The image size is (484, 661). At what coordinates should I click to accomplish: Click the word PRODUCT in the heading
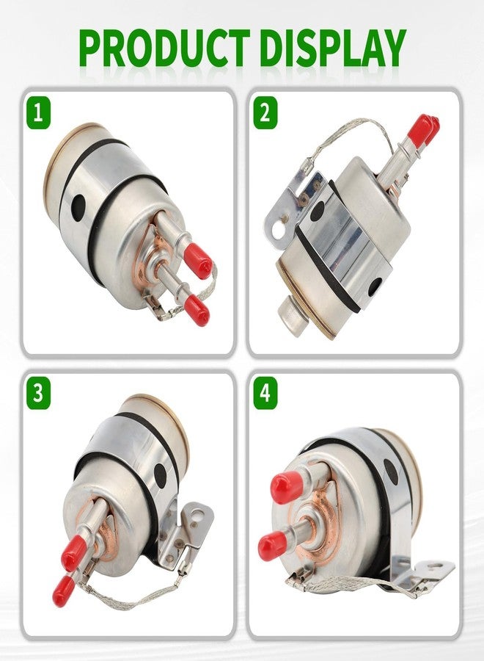coord(164,48)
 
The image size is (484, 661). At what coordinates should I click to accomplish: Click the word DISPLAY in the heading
coord(333,48)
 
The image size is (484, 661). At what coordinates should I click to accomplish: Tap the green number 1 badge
coord(38,113)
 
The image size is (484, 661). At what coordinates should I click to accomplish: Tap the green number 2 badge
coord(265,113)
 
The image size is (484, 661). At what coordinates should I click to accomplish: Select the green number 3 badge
coord(38,394)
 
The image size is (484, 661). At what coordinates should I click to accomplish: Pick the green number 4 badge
coord(265,394)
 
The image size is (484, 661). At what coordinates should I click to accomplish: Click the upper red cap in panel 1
coord(198,261)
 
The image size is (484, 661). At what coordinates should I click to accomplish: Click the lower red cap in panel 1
coord(197,310)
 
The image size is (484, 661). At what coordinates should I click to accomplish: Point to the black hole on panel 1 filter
coord(78,207)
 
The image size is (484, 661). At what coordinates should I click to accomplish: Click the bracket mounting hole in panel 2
coord(277,230)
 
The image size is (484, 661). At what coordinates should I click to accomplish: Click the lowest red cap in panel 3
coord(63,590)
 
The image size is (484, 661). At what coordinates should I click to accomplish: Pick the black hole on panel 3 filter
coord(160,475)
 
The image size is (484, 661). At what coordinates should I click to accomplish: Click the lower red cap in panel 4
coord(273,545)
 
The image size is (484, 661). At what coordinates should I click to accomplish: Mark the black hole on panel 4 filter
coord(391,472)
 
